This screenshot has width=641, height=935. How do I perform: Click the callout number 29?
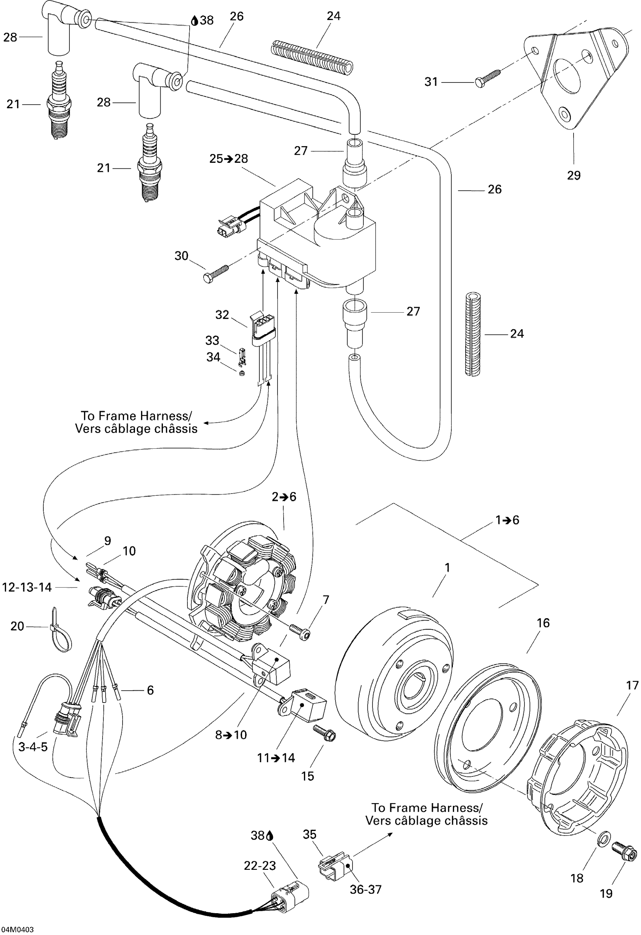click(x=574, y=175)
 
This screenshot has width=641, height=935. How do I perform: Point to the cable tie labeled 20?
click(x=60, y=629)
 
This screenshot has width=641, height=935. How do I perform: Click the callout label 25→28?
click(x=229, y=159)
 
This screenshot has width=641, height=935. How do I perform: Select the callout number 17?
click(x=633, y=685)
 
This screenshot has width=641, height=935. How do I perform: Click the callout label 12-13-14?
click(x=27, y=588)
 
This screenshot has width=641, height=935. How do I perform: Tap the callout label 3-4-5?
click(x=33, y=747)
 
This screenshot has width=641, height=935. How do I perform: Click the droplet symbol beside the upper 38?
click(x=194, y=20)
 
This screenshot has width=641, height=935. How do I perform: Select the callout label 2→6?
click(x=284, y=497)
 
